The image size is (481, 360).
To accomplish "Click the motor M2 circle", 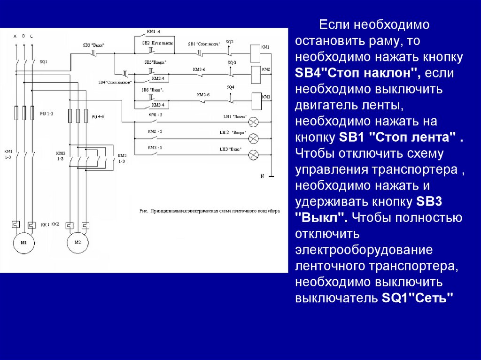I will click(78, 243).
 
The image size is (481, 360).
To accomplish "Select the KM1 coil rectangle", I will click(254, 53).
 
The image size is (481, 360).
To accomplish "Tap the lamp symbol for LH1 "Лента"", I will click(254, 122).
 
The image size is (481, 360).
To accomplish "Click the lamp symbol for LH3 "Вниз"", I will click(254, 154).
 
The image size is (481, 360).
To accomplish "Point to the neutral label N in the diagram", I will click(263, 176).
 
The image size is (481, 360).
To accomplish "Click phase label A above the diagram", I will click(15, 36).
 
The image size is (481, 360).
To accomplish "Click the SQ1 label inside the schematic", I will click(43, 61).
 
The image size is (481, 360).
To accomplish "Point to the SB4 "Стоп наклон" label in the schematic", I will click(108, 82).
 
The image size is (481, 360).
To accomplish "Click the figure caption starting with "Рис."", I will click(209, 211).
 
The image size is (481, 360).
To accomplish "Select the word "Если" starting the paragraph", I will click(334, 24).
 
